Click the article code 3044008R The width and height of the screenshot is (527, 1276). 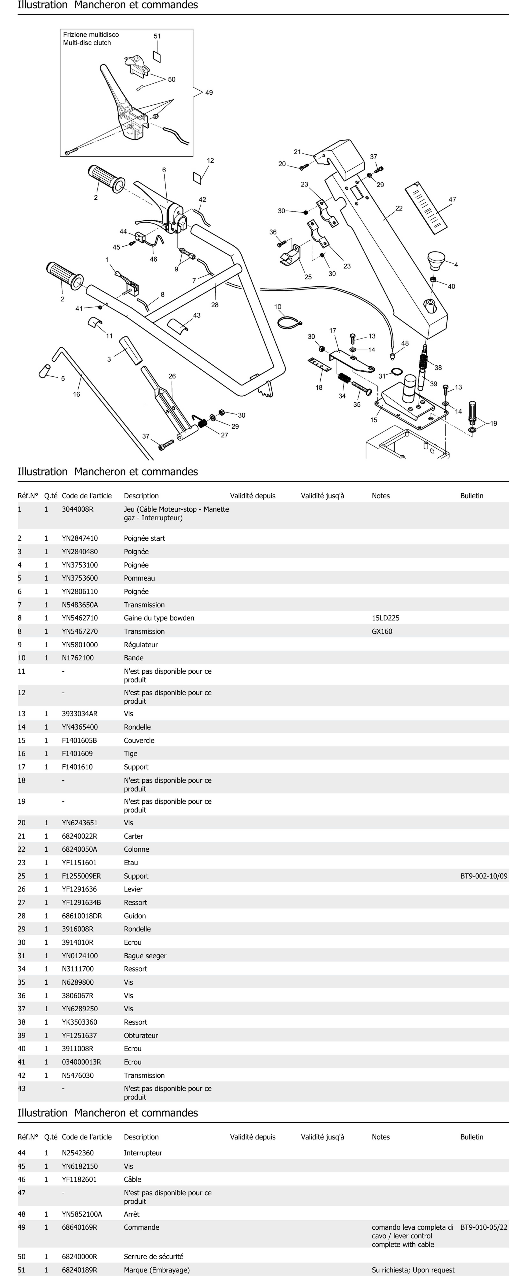[78, 509]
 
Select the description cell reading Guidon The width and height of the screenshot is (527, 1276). [135, 916]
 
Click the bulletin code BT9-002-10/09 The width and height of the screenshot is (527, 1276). [483, 876]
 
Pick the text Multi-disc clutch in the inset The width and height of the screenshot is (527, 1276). [87, 43]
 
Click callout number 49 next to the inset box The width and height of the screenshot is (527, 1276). [209, 93]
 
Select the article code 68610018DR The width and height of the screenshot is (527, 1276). [82, 916]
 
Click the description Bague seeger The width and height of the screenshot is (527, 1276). [145, 956]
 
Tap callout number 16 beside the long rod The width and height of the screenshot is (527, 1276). [76, 394]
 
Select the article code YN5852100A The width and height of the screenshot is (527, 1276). [82, 1214]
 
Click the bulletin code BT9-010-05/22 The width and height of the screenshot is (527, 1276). [483, 1228]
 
